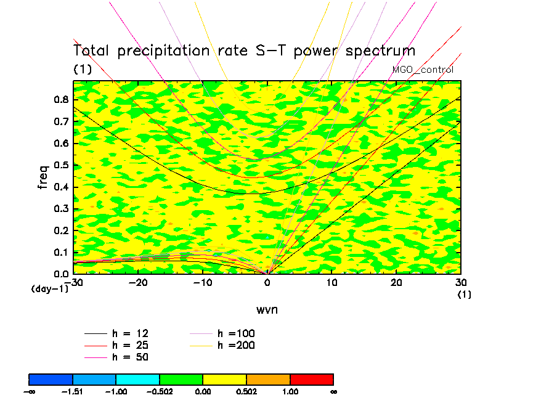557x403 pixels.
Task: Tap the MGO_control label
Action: coord(423,70)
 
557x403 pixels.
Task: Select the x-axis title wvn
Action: coord(267,309)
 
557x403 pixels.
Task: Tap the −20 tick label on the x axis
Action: coord(137,282)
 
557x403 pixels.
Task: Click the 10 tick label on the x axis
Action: coord(332,282)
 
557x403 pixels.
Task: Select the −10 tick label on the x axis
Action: coord(202,282)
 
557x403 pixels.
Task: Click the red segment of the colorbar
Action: coord(312,379)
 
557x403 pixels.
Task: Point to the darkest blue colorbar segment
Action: coord(51,379)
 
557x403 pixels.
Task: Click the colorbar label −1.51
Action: coord(72,391)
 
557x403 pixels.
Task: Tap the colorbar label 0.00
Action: coord(203,391)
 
